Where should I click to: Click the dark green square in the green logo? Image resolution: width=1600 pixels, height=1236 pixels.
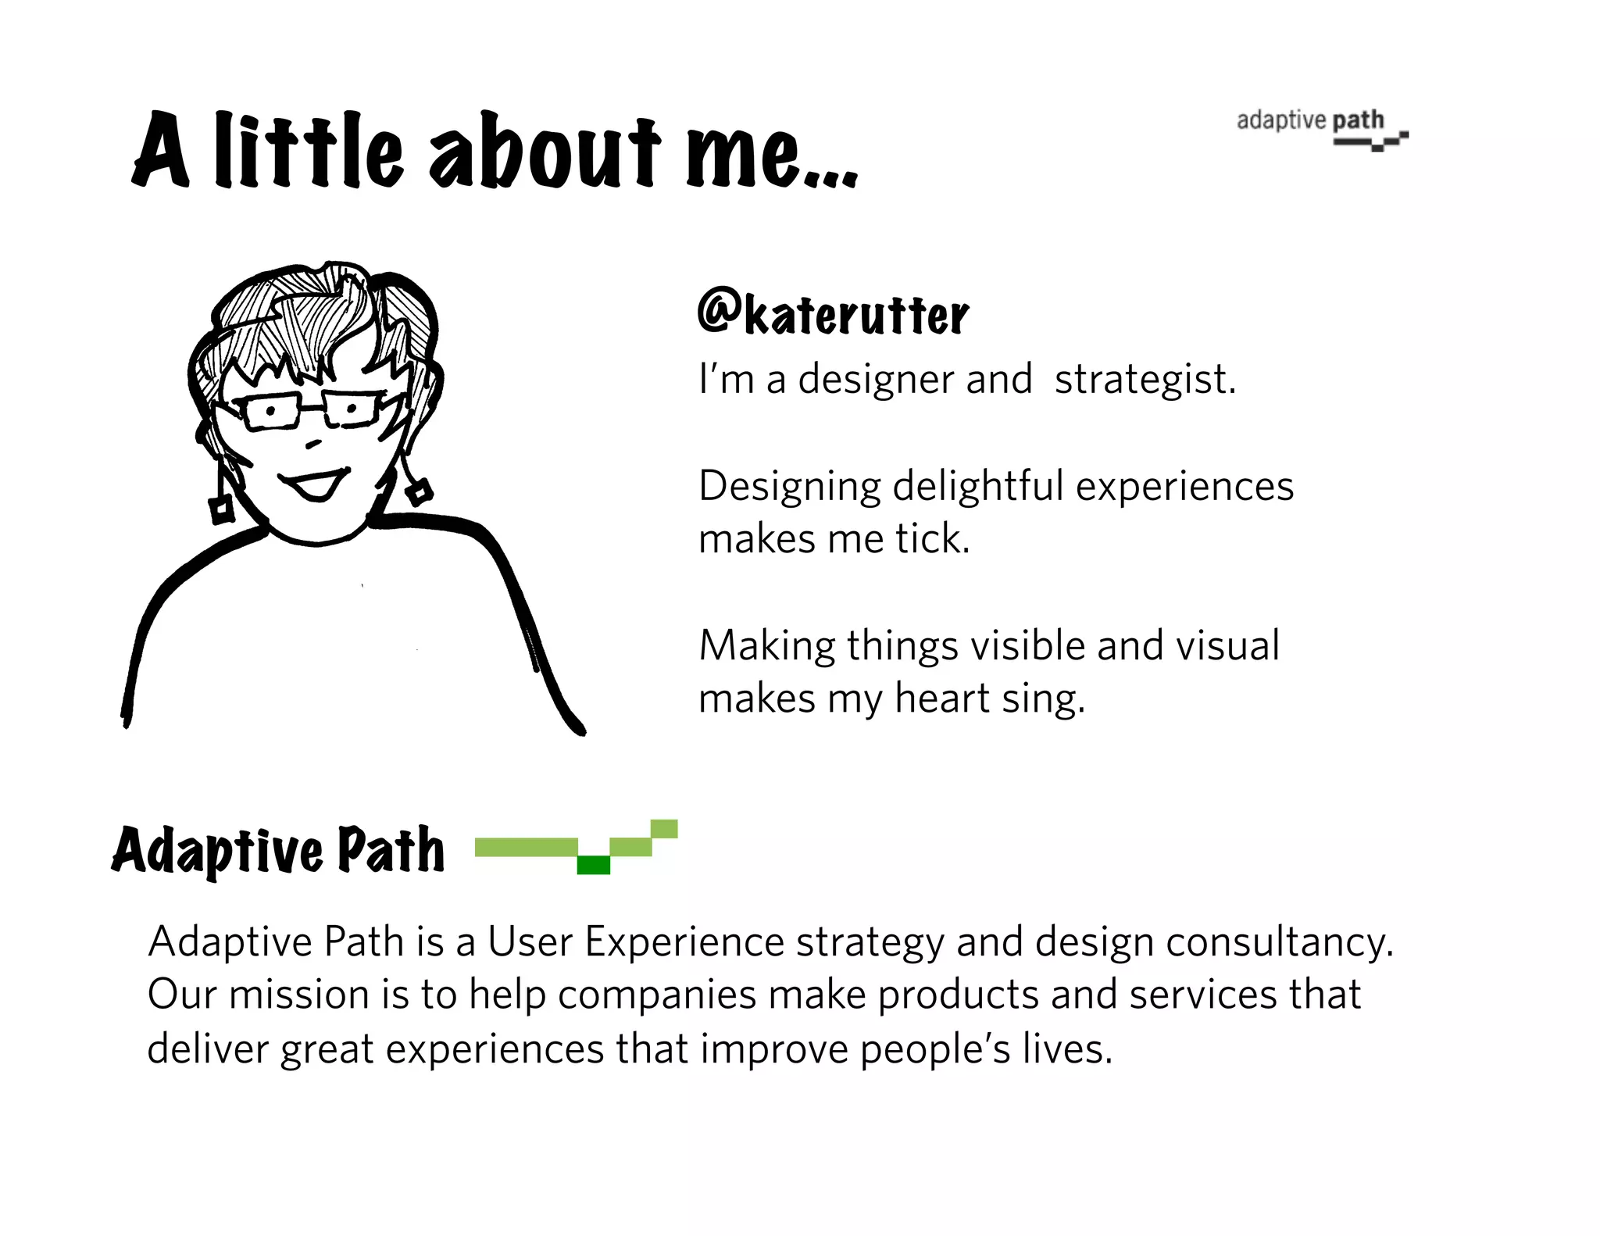pos(593,865)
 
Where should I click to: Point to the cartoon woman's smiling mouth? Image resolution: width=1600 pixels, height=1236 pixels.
pos(316,484)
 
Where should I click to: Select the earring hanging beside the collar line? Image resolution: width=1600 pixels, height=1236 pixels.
pos(420,492)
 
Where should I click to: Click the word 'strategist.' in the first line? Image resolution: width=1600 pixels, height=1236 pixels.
pos(1145,380)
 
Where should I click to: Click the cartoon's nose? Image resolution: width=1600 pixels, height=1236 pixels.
pos(314,444)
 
